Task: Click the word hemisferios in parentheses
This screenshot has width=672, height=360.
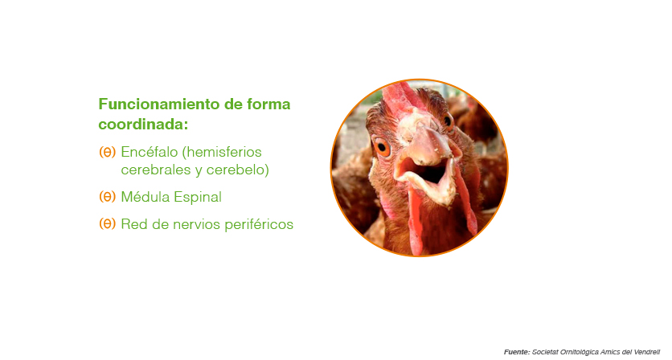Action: pos(223,152)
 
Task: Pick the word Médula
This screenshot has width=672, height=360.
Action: pos(145,197)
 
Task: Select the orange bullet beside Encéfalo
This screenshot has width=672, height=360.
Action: pos(107,152)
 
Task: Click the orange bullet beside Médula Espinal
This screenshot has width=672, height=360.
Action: pos(107,197)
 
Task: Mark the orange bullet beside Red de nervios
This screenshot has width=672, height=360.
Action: pos(107,223)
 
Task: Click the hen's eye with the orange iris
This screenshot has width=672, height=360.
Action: pos(382,148)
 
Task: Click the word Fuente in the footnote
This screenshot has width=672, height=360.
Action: pos(517,352)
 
